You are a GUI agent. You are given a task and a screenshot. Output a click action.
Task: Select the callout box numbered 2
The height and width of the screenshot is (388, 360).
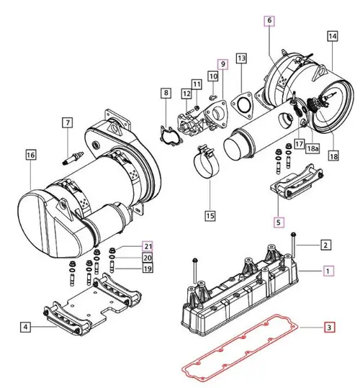[325, 245]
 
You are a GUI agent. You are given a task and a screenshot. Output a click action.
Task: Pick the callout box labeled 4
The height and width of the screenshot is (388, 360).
[25, 328]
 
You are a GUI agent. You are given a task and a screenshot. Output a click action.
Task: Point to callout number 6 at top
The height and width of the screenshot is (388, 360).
[269, 22]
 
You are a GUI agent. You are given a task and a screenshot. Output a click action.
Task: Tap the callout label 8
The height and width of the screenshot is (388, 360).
[165, 93]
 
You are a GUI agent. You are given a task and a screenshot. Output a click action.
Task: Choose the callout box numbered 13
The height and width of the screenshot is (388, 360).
[241, 58]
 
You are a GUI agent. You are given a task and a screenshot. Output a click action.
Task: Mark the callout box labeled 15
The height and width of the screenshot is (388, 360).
[210, 215]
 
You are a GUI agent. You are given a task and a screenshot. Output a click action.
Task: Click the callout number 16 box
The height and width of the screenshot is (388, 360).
[30, 154]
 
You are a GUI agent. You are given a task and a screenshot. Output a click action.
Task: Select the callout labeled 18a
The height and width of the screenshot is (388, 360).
[314, 148]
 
